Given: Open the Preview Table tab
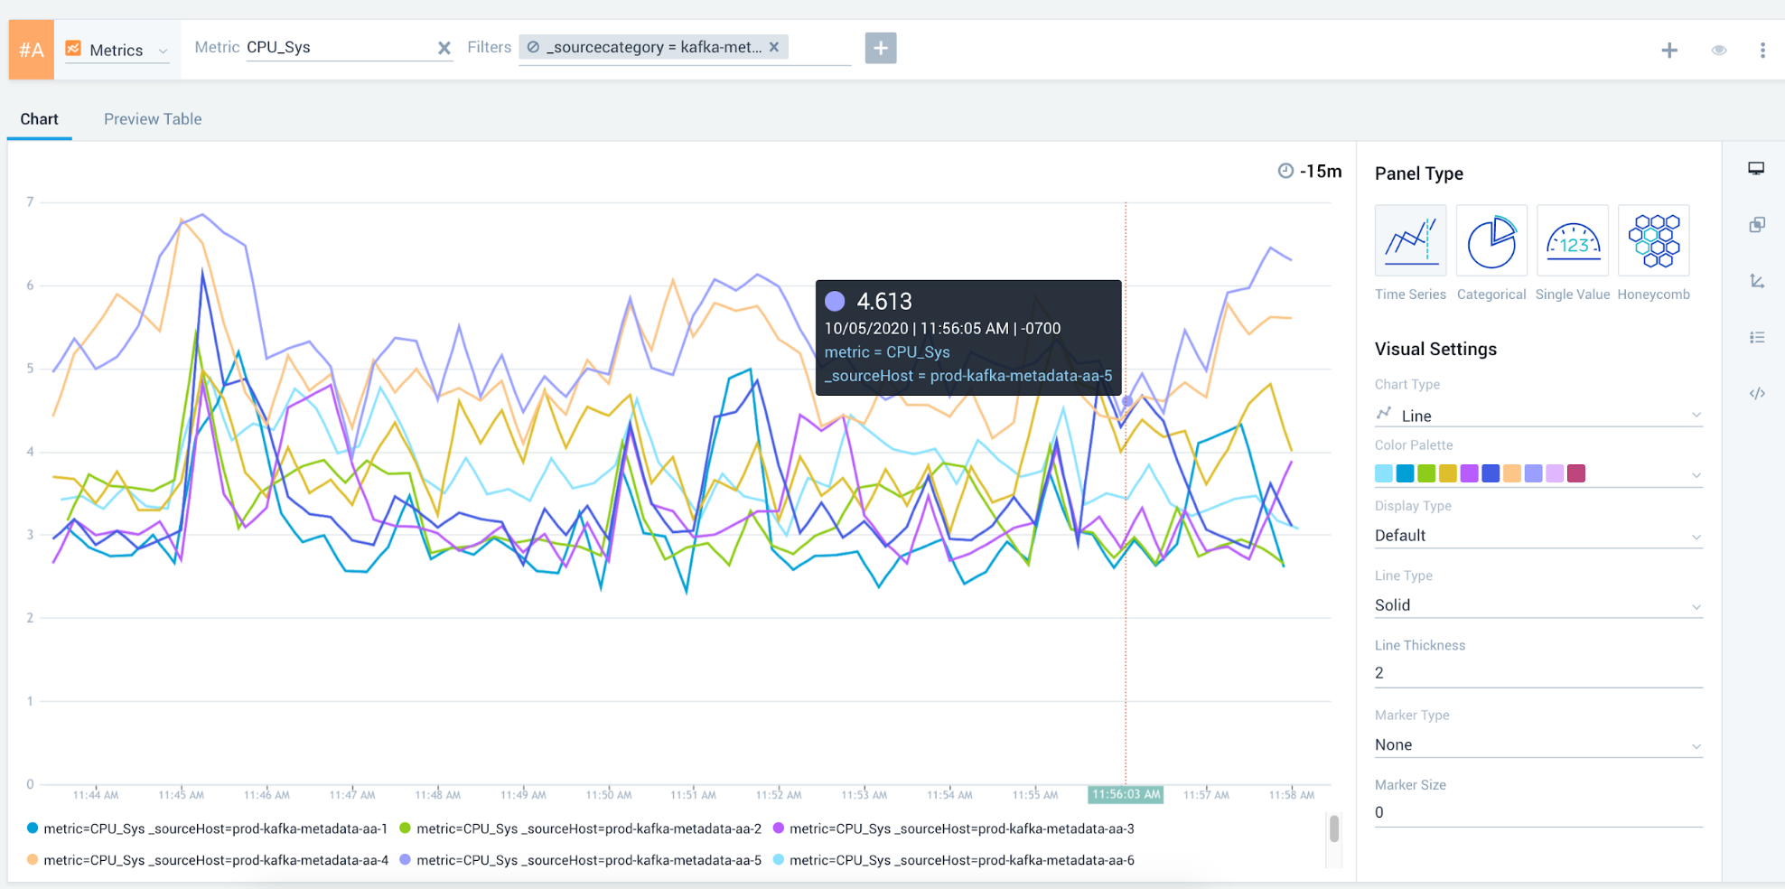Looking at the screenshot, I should pos(153,119).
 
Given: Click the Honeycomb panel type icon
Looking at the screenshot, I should pos(1653,241).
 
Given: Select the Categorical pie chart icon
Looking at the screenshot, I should pos(1491,241).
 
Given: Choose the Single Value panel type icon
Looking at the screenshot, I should pos(1573,241).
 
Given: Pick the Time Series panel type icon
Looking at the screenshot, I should pos(1410,241).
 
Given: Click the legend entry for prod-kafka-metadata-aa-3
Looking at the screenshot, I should pos(961,828).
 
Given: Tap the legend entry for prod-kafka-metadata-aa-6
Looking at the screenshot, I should pos(961,860).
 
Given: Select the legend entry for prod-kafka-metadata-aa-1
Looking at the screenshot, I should pos(215,828).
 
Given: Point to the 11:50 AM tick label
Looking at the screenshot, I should pos(609,795).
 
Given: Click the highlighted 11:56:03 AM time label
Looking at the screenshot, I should pos(1126,794).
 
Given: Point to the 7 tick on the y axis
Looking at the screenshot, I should pos(30,201).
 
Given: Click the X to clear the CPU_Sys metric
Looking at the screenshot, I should pos(444,48).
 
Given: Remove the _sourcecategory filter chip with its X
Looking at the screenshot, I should pos(774,47).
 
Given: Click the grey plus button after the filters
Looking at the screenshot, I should pos(881,48).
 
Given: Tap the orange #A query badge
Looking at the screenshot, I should pos(32,50).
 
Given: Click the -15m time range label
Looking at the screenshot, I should pos(1320,171).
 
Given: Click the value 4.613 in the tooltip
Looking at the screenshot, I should pos(883,302).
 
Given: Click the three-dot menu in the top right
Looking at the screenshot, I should pos(1762,51).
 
